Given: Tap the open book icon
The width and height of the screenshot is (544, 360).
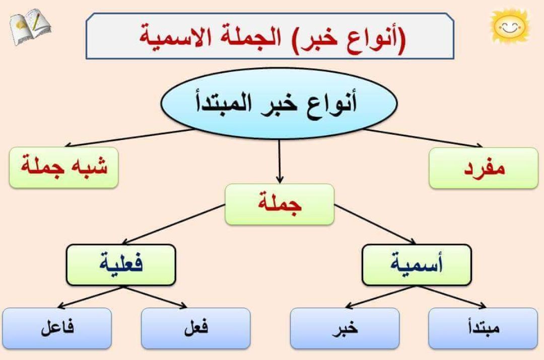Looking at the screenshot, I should (30, 26).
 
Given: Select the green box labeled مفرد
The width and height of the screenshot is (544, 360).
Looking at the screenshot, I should (484, 168).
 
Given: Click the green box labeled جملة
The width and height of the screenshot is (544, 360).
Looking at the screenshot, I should (279, 204).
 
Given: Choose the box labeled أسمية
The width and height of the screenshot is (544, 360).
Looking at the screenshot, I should (417, 264).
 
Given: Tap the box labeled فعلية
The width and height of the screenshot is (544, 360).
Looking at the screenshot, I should (121, 264).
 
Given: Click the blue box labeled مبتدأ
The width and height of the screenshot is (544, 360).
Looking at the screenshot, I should (483, 328).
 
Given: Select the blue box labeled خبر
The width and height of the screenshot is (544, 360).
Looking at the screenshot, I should (345, 328).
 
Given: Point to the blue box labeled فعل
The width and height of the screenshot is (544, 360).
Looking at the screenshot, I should (195, 328).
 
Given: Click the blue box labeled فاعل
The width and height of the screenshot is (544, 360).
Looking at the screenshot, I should (56, 328).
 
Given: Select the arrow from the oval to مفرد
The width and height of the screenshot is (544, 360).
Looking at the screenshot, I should (423, 138).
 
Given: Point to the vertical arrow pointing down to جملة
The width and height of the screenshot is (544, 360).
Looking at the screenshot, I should (280, 161).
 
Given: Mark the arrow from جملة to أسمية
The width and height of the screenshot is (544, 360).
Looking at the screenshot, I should (375, 224).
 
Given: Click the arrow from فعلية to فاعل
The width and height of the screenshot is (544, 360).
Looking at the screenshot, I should (91, 297).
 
